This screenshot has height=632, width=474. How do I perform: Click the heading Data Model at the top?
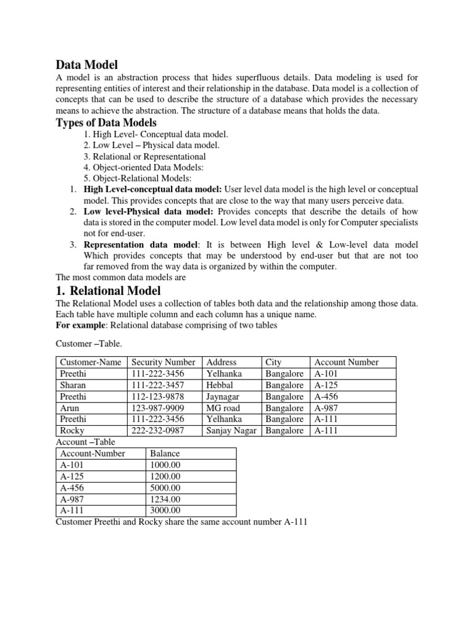tap(86, 64)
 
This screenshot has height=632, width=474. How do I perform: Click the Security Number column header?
tap(164, 362)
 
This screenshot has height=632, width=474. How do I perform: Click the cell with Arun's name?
tap(70, 408)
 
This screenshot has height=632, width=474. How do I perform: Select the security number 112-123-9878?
tap(157, 397)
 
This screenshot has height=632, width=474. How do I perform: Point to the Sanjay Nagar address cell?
tap(231, 431)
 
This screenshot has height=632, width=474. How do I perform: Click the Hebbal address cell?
tap(220, 385)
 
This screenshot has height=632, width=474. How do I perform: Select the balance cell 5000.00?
tap(165, 488)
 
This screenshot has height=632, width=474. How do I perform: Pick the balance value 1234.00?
tap(165, 499)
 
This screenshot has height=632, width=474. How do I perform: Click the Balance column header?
tap(165, 454)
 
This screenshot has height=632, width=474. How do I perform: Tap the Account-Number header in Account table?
tap(93, 454)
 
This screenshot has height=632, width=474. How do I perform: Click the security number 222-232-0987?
tap(157, 431)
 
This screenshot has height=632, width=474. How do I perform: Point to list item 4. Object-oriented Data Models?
tap(142, 167)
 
